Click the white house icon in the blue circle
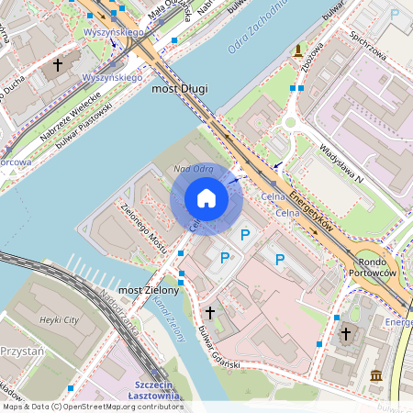tap(206, 198)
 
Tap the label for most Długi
tap(179, 89)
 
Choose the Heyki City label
tap(60, 319)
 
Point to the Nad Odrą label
tap(193, 169)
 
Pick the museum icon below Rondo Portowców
tap(377, 375)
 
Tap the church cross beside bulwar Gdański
tap(210, 313)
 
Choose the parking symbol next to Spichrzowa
tap(396, 14)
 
